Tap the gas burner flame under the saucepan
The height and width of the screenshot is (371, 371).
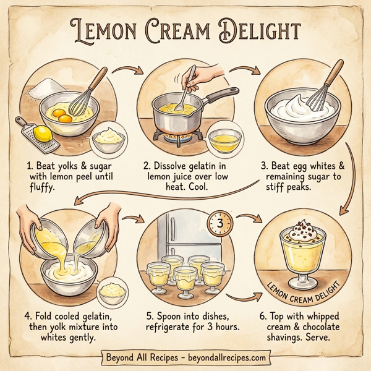(177, 132)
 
